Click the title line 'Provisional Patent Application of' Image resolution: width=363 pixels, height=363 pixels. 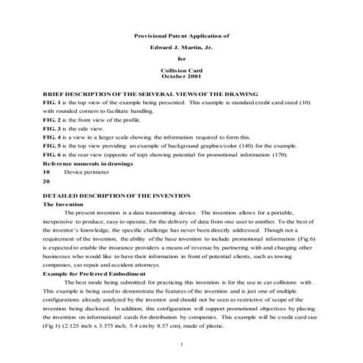click(x=182, y=34)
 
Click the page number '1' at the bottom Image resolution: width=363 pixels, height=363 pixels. click(x=182, y=344)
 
